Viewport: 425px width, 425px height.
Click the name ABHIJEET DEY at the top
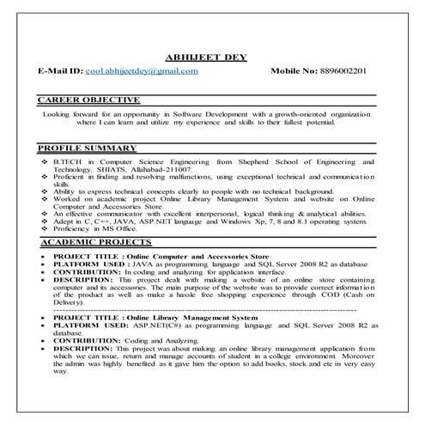coord(211,57)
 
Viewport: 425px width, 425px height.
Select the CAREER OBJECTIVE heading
coord(88,100)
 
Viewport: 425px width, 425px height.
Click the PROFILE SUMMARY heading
coord(88,149)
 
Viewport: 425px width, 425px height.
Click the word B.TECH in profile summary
coord(68,161)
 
